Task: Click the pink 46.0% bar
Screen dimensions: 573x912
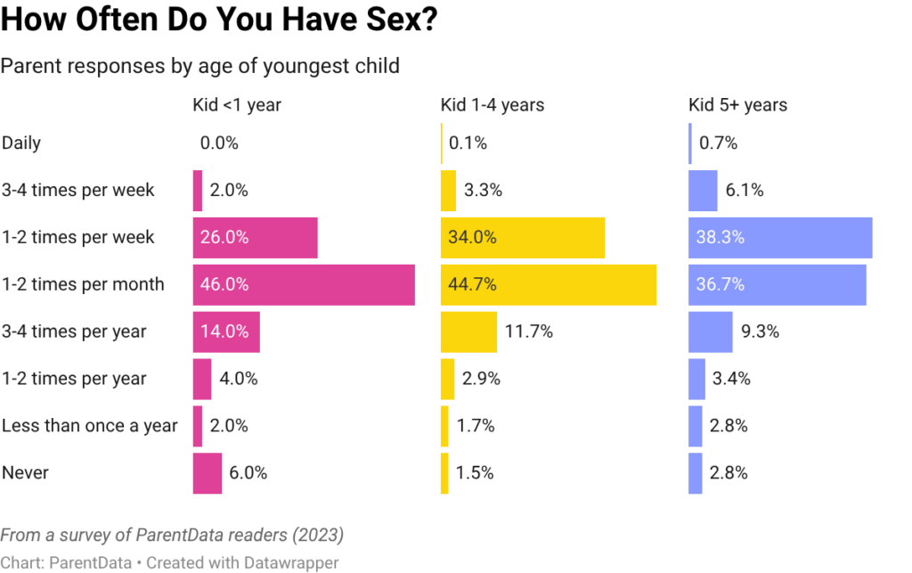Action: [303, 285]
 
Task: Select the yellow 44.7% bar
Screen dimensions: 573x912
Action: [548, 285]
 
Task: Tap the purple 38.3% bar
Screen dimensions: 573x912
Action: [780, 238]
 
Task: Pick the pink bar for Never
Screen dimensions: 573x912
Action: [207, 473]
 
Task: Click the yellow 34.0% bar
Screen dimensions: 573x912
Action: [522, 238]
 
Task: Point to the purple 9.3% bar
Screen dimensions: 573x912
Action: [710, 332]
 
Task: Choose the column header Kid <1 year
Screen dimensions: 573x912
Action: [236, 105]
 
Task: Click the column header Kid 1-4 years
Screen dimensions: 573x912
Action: [492, 105]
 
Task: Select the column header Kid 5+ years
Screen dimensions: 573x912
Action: [737, 105]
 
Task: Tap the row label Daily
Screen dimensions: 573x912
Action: [22, 143]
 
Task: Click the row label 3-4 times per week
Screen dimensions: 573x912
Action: [78, 191]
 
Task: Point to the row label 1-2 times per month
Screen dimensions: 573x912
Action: [83, 285]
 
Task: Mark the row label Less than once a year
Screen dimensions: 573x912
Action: [89, 426]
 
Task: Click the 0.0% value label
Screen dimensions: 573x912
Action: [219, 143]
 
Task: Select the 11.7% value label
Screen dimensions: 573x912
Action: [529, 332]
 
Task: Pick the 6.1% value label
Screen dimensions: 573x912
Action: [744, 191]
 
